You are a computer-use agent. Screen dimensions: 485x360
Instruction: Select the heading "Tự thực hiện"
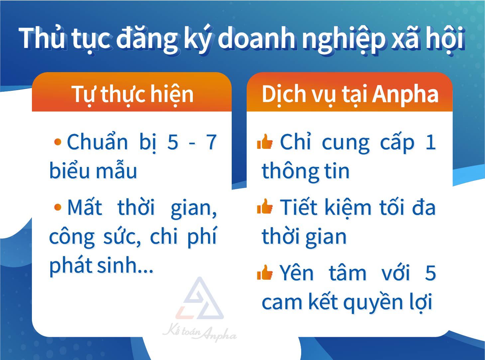pyautogui.click(x=133, y=94)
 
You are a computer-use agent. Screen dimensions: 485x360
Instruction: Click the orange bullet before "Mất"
pyautogui.click(x=58, y=207)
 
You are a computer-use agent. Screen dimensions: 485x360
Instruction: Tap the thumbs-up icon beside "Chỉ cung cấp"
pyautogui.click(x=265, y=142)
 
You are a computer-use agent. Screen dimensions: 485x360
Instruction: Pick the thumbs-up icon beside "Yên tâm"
pyautogui.click(x=265, y=272)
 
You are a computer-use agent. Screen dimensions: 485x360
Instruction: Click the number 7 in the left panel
pyautogui.click(x=211, y=142)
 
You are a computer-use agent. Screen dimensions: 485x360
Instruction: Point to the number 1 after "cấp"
pyautogui.click(x=430, y=142)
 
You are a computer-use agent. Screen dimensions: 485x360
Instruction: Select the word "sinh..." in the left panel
pyautogui.click(x=125, y=265)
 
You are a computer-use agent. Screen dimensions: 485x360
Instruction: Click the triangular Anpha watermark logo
pyautogui.click(x=199, y=299)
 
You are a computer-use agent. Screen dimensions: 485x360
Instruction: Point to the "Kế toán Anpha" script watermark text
pyautogui.click(x=199, y=334)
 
